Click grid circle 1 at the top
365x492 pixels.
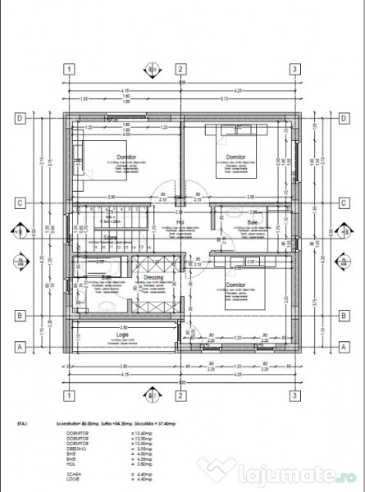pos(71,69)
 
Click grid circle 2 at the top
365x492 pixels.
pos(180,69)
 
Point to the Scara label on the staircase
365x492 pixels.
pos(111,236)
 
